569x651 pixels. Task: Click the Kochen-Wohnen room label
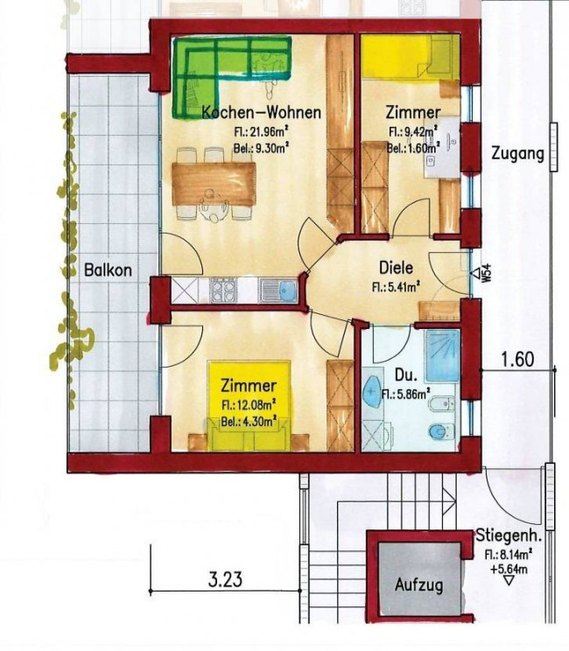tap(261, 113)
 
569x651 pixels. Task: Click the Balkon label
tap(109, 270)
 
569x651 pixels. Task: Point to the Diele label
tap(396, 269)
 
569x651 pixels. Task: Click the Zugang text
tap(517, 155)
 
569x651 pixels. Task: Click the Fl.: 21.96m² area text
tap(261, 132)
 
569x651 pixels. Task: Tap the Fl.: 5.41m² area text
tap(394, 284)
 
